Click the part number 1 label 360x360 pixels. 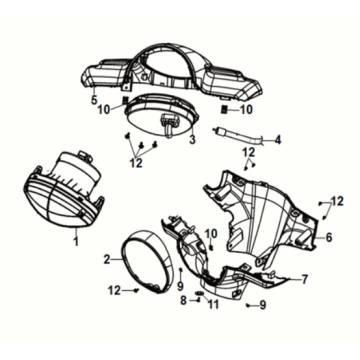[76, 241]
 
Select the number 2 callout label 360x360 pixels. [106, 259]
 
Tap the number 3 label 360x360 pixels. [192, 140]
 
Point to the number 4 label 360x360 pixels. [277, 140]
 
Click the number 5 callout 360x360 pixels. [94, 99]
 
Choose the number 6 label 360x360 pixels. [329, 237]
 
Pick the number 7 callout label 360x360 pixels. [305, 279]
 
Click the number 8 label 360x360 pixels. [183, 301]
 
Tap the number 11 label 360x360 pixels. [213, 304]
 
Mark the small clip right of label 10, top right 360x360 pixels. [225, 110]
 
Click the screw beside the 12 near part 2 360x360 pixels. [136, 291]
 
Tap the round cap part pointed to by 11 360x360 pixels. [199, 293]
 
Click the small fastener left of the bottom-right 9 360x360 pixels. [247, 305]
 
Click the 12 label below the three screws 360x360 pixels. [136, 163]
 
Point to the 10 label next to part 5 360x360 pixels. [104, 110]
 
